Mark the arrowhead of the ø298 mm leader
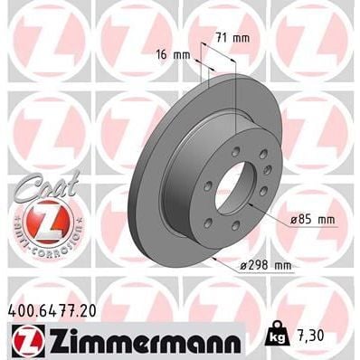[x=209, y=255]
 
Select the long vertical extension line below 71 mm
[x=234, y=99]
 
